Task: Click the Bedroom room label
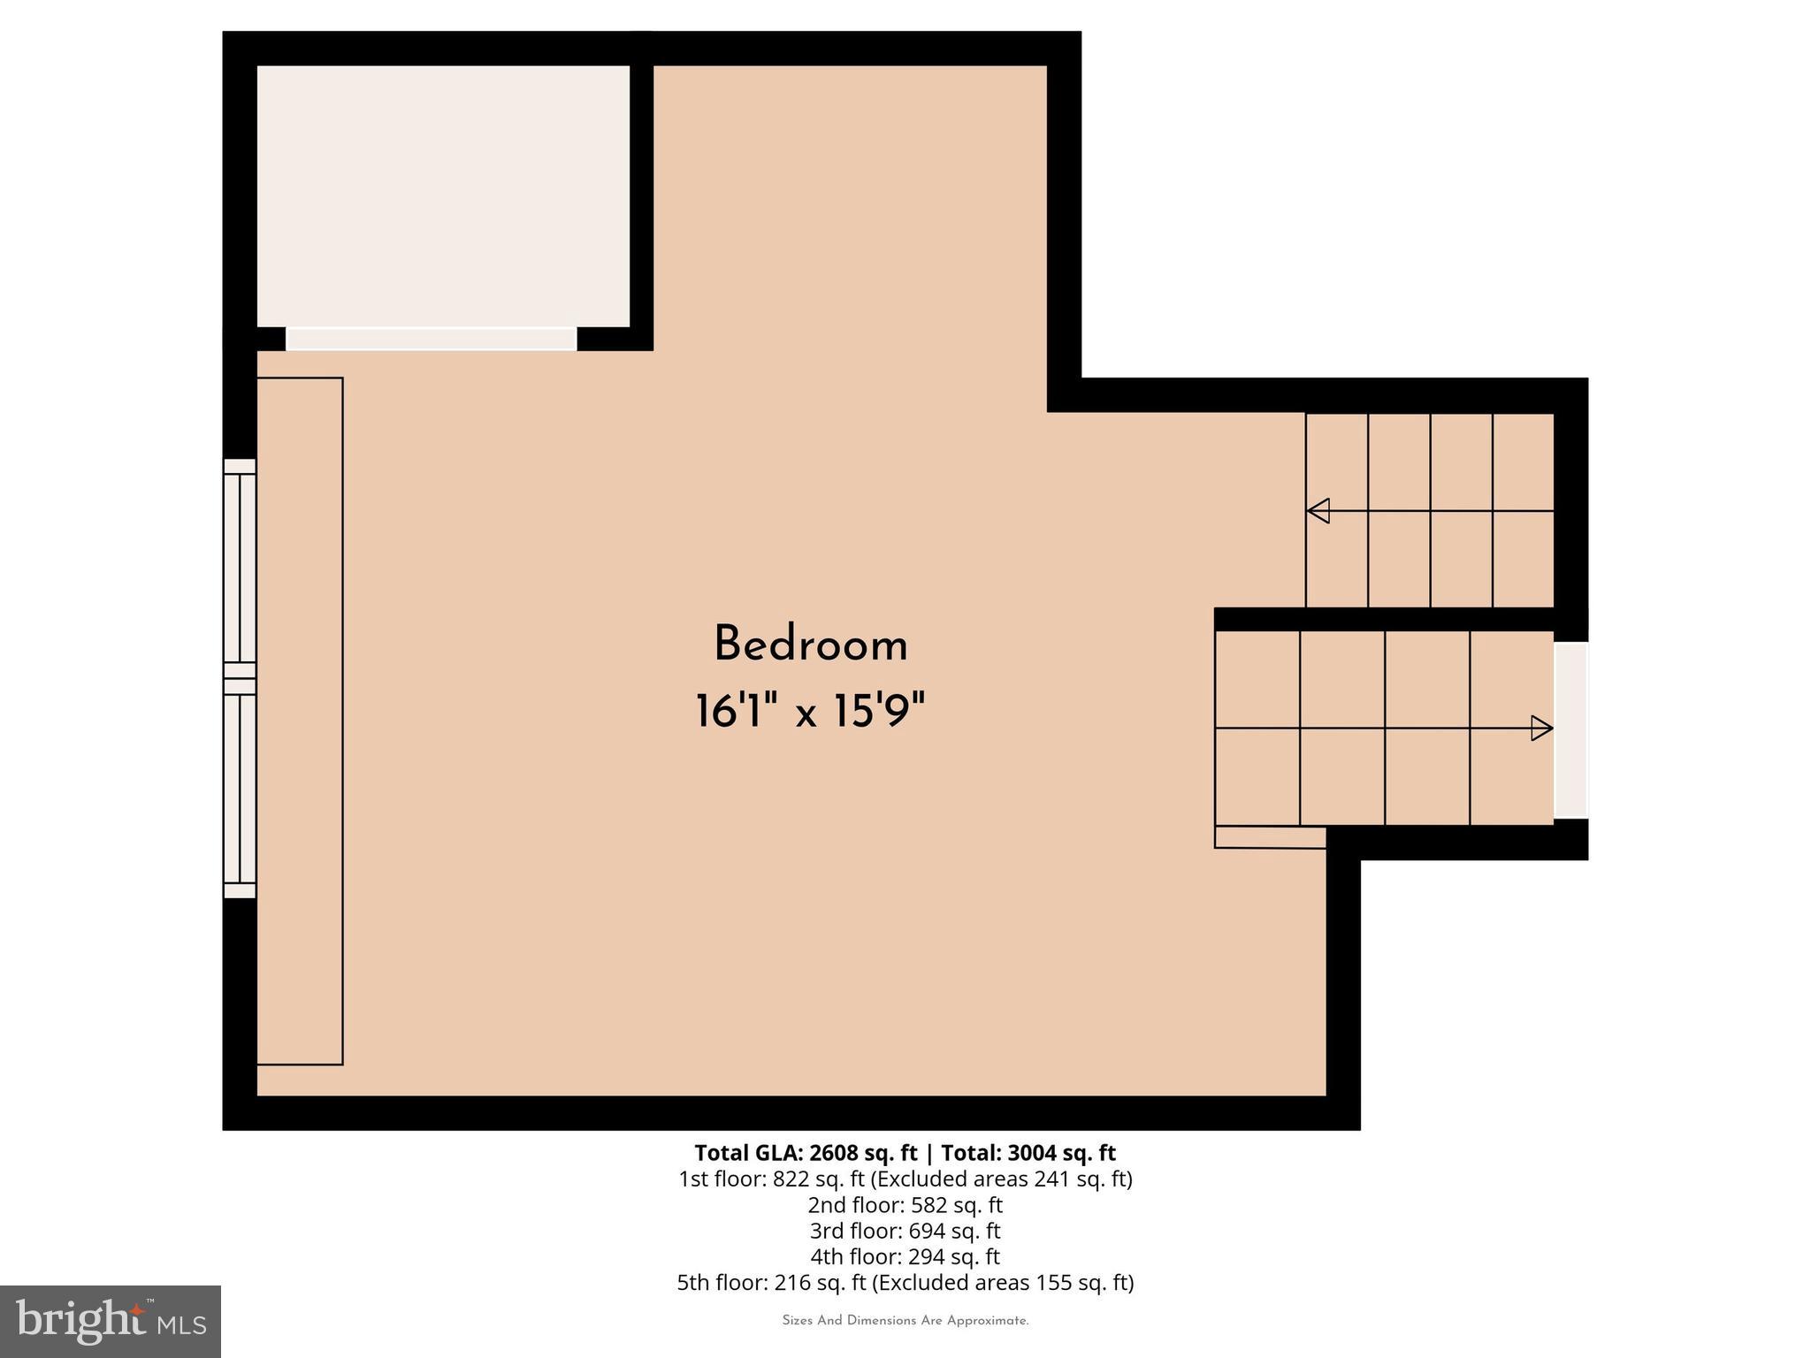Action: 811,645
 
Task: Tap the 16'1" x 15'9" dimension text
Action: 810,712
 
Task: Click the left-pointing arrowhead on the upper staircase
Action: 1318,511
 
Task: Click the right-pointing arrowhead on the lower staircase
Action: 1541,728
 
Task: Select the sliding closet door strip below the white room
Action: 431,339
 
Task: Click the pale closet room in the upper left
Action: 443,196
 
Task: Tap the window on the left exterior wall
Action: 239,678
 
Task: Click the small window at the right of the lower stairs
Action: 1570,730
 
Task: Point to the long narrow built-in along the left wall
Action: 300,721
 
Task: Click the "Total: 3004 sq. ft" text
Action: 1028,1153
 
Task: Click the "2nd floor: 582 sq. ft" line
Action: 905,1205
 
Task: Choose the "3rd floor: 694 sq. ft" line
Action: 905,1231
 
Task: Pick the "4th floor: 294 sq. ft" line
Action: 905,1256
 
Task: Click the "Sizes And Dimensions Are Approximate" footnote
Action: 905,1321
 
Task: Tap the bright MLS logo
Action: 111,1321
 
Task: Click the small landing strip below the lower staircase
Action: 1270,837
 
